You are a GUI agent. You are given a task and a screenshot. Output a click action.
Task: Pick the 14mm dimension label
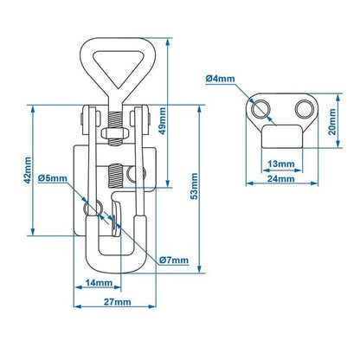pyautogui.click(x=99, y=283)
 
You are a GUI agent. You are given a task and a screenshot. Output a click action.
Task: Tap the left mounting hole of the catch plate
pyautogui.click(x=259, y=107)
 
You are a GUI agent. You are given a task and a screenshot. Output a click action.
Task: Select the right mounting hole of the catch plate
pyautogui.click(x=299, y=108)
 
